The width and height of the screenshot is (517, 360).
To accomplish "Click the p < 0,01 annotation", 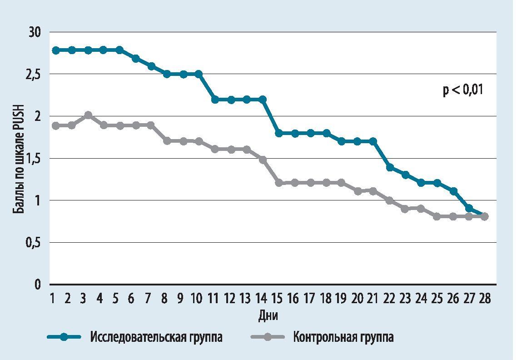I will [x=463, y=90].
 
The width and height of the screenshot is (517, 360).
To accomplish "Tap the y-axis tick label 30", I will [x=35, y=32].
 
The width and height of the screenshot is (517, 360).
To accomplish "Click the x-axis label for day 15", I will [x=277, y=299].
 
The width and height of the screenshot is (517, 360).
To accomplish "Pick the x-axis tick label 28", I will [x=484, y=299].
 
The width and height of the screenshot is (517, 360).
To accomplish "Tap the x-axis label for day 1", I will [x=53, y=299].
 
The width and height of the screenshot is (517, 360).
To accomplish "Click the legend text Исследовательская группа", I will [x=156, y=337].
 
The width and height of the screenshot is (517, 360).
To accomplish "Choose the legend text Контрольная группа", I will [x=343, y=337].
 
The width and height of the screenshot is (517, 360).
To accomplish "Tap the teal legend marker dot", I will [x=64, y=337].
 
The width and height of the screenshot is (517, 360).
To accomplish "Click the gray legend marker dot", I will [x=268, y=337].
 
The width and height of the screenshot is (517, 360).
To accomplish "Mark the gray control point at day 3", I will [x=88, y=115].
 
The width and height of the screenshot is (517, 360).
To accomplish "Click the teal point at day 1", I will [x=55, y=50].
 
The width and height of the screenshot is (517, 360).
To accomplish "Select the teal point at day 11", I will [x=215, y=100].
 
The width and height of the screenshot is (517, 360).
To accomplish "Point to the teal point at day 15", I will [x=278, y=133].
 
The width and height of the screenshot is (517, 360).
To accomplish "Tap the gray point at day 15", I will [x=278, y=183].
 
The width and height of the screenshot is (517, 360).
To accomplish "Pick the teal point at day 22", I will [x=389, y=167].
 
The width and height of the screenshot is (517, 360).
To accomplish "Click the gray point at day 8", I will [x=167, y=141].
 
